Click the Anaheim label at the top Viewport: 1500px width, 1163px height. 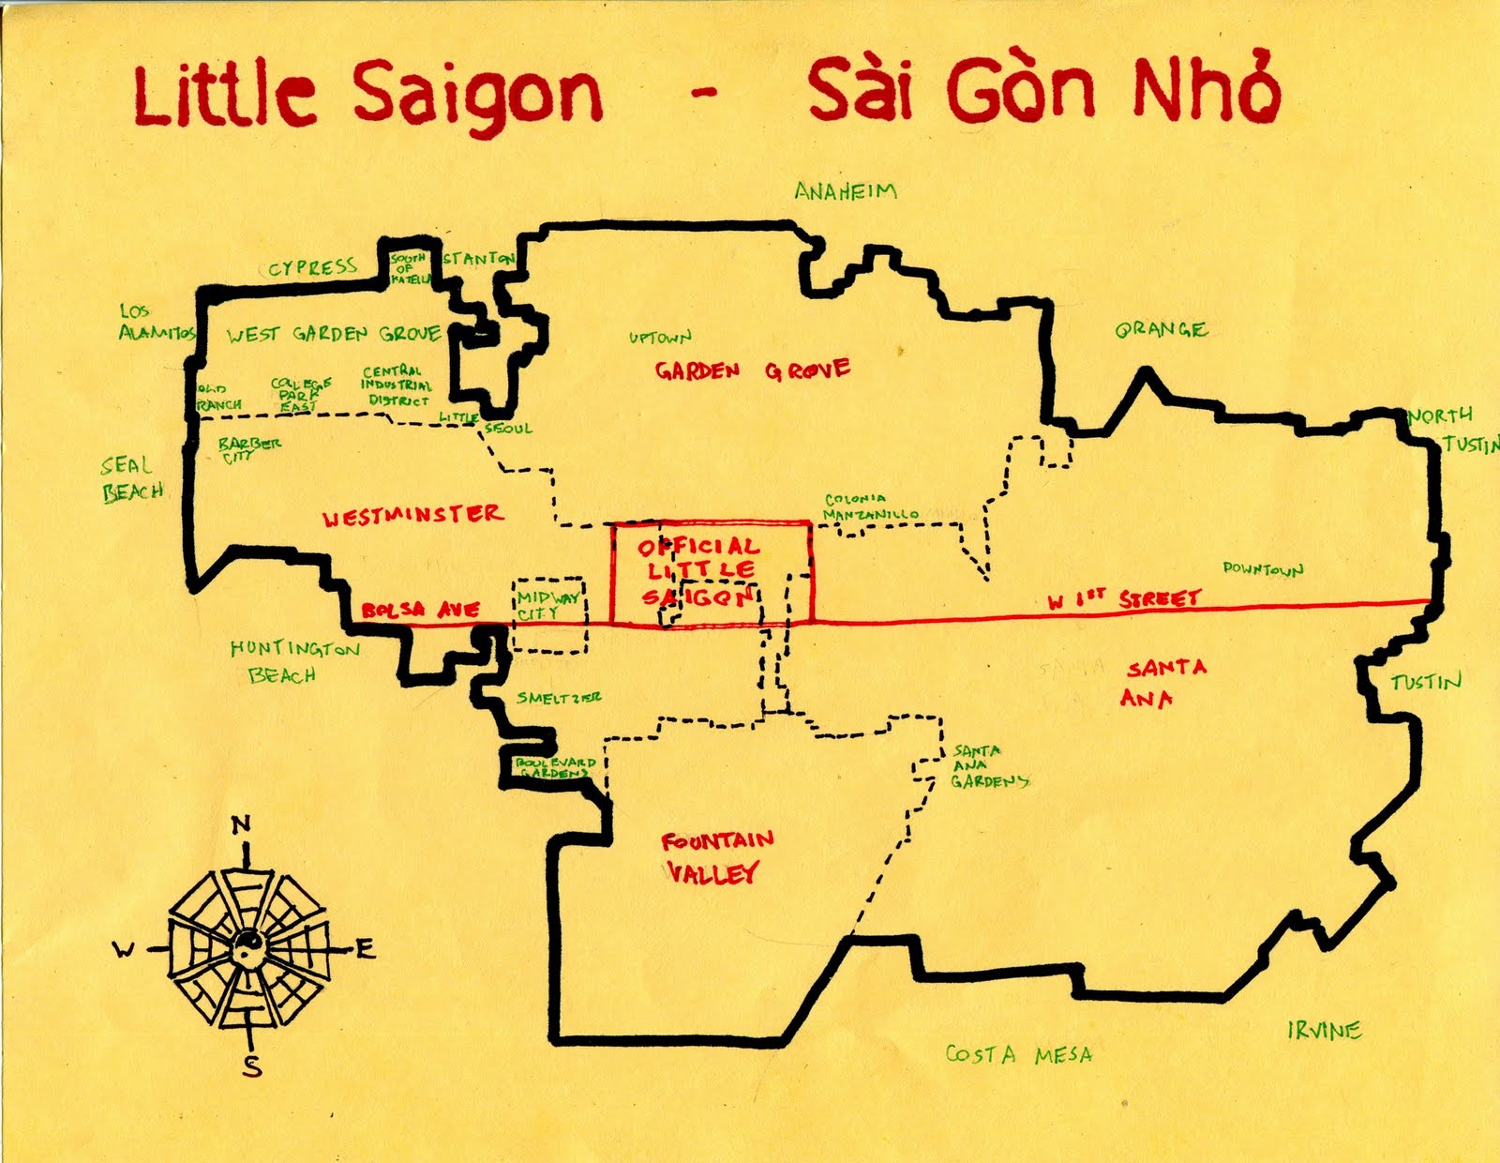click(x=845, y=191)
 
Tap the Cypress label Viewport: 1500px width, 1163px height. click(x=312, y=268)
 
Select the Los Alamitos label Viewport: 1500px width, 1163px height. click(x=156, y=322)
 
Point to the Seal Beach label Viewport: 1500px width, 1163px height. click(x=132, y=478)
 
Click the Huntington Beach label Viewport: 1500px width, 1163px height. click(x=292, y=661)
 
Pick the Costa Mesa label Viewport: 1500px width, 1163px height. click(x=1018, y=1055)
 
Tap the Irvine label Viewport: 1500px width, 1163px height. click(x=1324, y=1031)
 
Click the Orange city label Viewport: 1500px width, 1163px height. click(x=1161, y=329)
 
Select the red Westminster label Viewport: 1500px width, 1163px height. click(x=412, y=516)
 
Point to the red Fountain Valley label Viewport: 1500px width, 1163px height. click(x=716, y=856)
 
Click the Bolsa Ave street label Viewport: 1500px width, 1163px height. click(x=421, y=611)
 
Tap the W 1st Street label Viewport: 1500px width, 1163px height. click(x=1124, y=599)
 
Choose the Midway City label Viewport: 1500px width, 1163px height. click(x=547, y=605)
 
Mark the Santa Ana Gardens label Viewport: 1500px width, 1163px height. click(x=988, y=766)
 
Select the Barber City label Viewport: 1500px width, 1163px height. click(x=247, y=448)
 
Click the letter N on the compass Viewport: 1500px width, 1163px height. click(x=241, y=824)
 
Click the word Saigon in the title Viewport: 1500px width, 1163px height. click(x=477, y=94)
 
